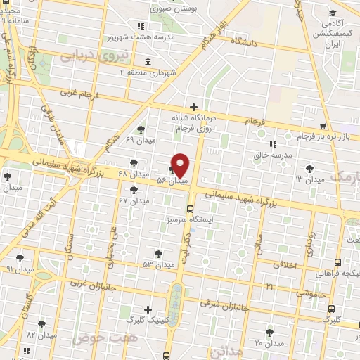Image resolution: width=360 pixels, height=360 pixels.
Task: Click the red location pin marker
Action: point(180,165)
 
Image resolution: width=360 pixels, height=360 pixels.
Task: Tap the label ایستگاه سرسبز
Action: point(220,218)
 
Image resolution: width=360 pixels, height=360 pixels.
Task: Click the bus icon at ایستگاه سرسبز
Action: point(189,208)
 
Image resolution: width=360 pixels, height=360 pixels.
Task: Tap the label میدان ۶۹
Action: point(139,140)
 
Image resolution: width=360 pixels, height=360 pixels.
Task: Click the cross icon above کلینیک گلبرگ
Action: point(147,309)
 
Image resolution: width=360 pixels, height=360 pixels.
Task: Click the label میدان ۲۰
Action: point(269,343)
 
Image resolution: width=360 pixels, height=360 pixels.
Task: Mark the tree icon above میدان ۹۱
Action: point(20,258)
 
